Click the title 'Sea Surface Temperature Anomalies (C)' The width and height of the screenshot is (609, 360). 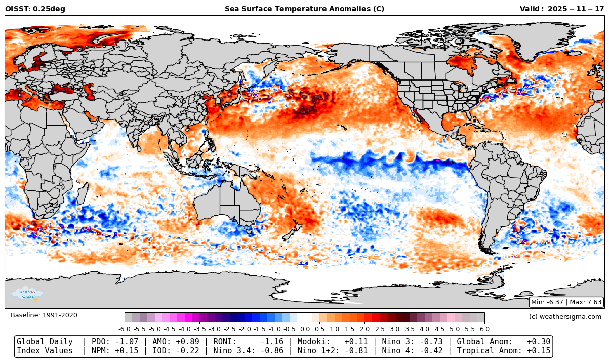pos(304,9)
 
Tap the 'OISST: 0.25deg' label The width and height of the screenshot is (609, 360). pos(35,9)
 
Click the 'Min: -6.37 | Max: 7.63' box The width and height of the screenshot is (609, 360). pos(566,302)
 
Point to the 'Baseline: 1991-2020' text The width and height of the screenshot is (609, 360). pos(44,315)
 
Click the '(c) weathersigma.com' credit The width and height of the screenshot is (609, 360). pos(565,316)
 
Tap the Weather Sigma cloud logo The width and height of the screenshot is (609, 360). pos(27,294)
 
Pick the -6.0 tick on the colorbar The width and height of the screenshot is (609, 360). pos(125,329)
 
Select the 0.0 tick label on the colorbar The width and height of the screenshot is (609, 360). pos(305,329)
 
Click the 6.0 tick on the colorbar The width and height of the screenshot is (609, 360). pos(484,329)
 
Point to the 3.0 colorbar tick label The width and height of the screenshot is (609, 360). pos(395,329)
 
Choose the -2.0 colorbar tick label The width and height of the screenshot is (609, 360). pos(245,329)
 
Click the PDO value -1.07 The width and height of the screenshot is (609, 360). pos(129,342)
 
